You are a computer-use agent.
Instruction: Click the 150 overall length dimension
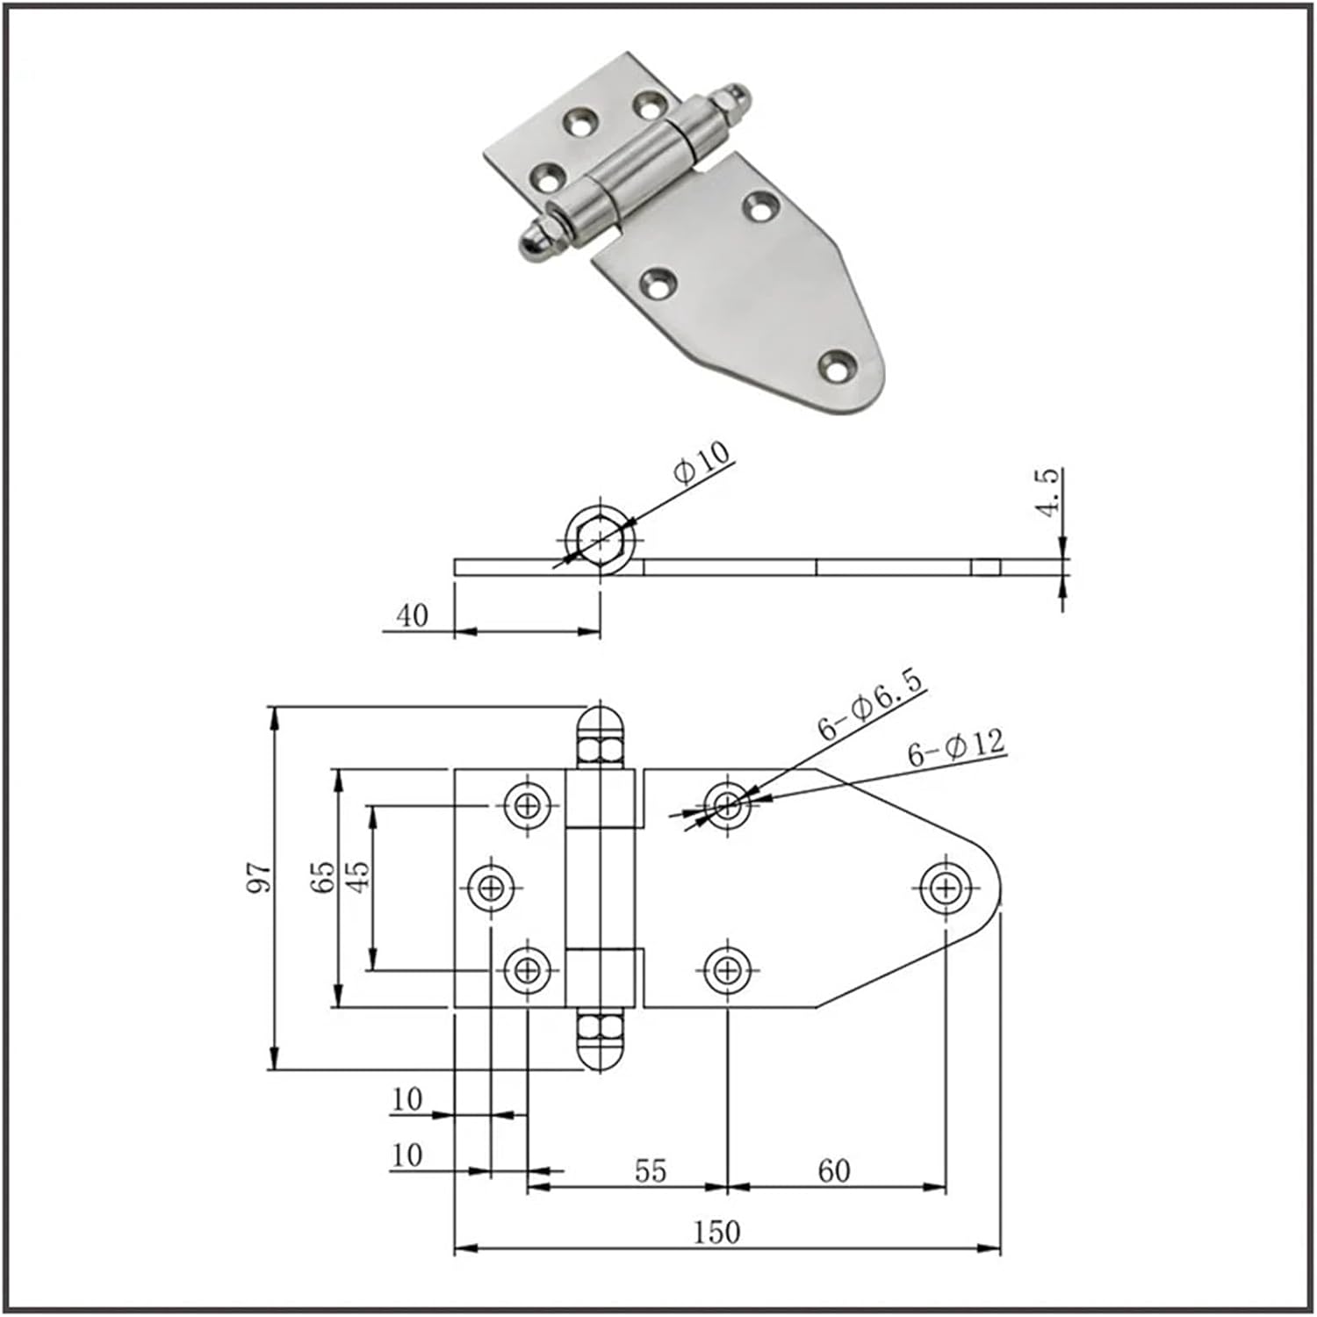tap(716, 1233)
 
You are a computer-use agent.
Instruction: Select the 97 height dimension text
tap(259, 878)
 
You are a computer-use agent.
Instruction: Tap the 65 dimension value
tap(323, 877)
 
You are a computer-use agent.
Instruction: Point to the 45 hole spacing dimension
tap(358, 877)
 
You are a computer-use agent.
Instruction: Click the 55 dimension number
tap(650, 1170)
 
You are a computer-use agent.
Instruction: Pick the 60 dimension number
tap(833, 1170)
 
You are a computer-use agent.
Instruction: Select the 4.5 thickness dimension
tap(1048, 493)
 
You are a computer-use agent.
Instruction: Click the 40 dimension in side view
tap(412, 615)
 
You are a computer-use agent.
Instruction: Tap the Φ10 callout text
tap(702, 462)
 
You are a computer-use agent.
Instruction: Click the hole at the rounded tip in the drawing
tap(946, 889)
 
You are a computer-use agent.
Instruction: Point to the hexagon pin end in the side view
tap(599, 538)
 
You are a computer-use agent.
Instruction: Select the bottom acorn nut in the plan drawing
tap(601, 1040)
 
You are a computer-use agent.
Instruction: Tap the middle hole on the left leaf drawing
tap(492, 889)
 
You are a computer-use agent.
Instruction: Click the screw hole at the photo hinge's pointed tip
tap(837, 364)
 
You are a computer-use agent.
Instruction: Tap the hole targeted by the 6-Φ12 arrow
tap(727, 803)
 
